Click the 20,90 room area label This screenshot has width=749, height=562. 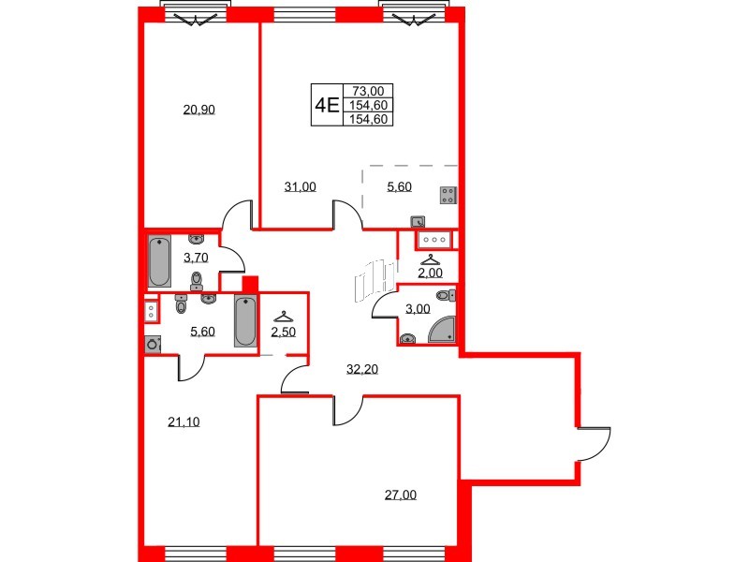(199, 110)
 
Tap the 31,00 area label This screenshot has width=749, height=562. (300, 186)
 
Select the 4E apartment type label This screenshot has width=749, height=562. (327, 105)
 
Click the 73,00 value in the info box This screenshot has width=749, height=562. (368, 91)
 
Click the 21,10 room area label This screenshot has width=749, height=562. (184, 421)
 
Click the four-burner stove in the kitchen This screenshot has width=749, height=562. (448, 196)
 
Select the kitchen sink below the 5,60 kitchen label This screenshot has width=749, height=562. (418, 222)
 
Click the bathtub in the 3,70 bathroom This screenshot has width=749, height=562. (159, 262)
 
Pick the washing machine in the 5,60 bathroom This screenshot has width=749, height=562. (153, 345)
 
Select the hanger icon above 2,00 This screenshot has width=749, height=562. (431, 259)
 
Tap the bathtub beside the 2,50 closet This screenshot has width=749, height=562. (245, 321)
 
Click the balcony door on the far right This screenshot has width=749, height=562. (594, 444)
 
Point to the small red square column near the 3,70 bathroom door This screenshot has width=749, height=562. (249, 285)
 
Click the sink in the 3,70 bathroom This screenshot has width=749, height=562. (197, 238)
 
